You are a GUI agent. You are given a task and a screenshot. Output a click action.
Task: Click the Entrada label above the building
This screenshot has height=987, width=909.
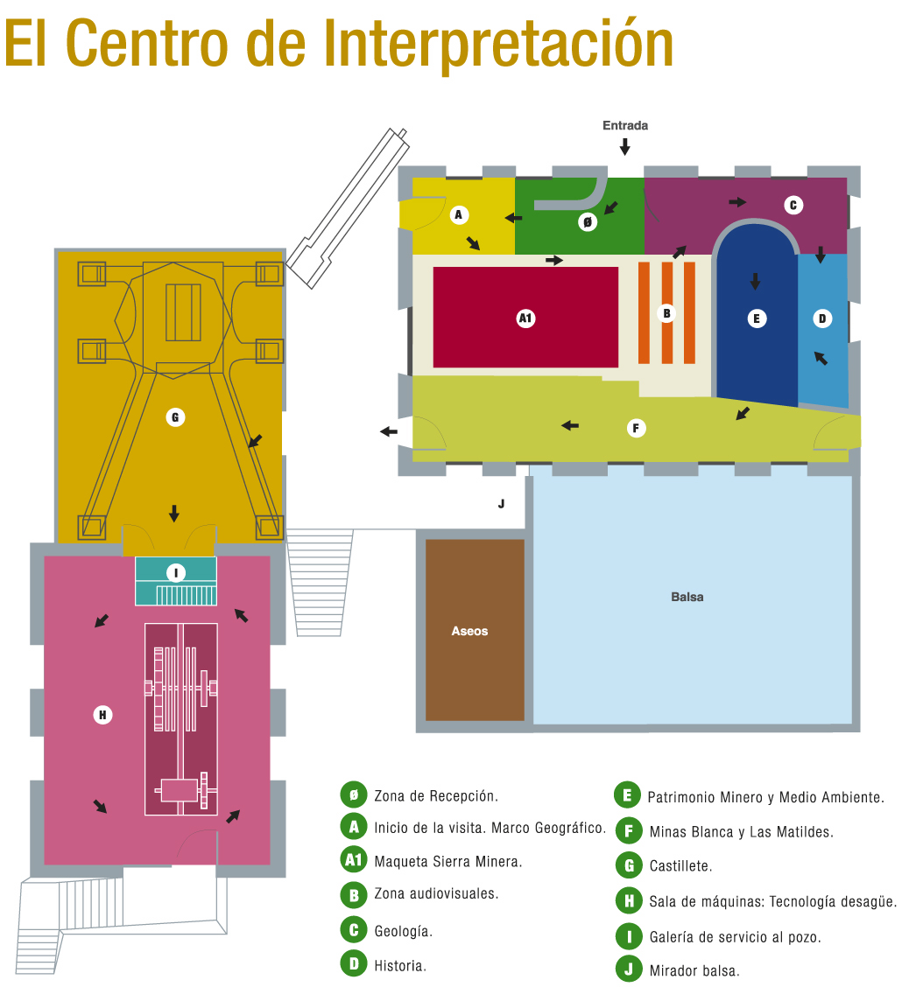tap(624, 125)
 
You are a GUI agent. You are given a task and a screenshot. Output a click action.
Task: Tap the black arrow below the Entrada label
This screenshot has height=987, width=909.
tap(624, 146)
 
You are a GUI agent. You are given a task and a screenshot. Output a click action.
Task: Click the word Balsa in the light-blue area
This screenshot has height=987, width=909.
tap(687, 597)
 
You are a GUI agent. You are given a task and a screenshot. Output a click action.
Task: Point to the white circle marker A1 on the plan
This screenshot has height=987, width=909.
tap(525, 318)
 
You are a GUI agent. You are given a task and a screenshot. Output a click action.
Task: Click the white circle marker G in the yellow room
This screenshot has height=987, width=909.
tap(175, 417)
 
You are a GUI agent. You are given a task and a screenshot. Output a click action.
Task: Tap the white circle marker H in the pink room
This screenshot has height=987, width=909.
tap(102, 715)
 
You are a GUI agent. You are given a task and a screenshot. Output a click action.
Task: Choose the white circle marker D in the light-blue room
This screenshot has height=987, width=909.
tap(821, 318)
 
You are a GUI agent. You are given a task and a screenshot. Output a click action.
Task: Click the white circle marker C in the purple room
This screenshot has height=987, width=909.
tap(793, 206)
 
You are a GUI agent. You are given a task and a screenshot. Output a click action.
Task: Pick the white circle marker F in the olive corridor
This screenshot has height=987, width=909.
tap(636, 428)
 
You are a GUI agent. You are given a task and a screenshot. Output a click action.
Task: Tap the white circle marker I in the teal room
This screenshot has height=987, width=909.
tap(176, 573)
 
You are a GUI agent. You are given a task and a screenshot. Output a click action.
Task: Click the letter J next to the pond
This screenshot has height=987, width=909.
tap(501, 503)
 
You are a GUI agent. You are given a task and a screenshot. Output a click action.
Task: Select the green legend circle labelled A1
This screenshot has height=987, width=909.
tap(353, 860)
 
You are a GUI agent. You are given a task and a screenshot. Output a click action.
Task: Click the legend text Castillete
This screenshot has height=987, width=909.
tap(680, 866)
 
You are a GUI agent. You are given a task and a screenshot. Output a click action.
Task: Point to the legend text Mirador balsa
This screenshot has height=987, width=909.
tap(694, 970)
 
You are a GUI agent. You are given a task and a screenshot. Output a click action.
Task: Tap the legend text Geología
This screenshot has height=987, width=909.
tap(403, 931)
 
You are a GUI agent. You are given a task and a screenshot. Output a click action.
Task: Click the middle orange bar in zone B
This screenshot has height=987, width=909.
tap(666, 312)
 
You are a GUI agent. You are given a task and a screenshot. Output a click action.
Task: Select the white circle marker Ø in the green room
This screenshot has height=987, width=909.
tap(588, 222)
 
